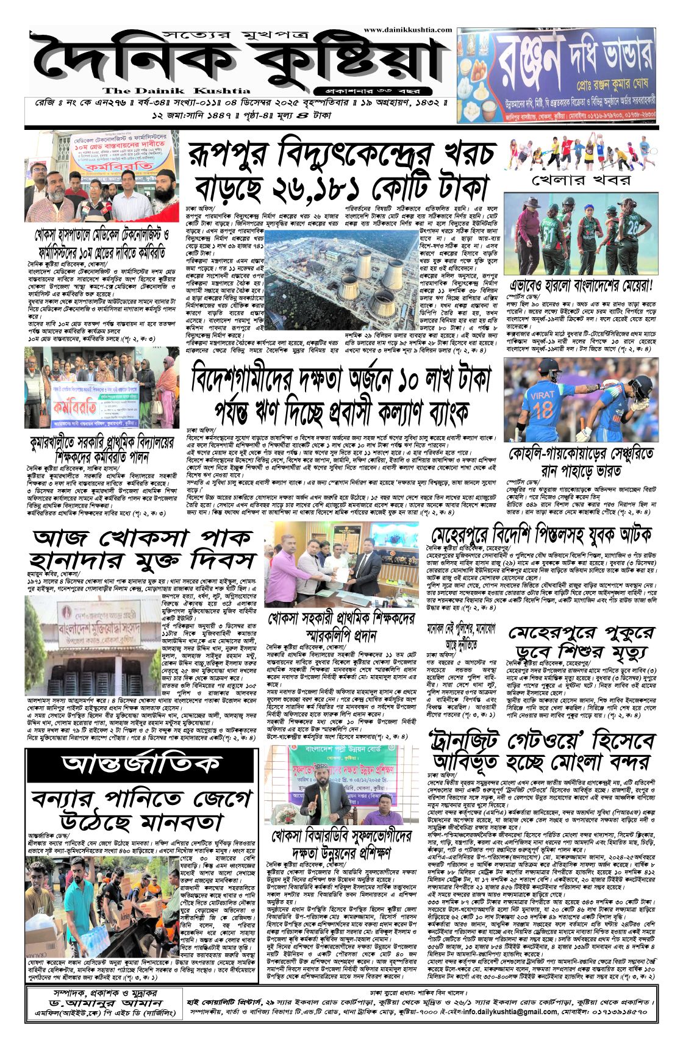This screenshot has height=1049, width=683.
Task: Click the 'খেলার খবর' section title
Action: pos(581,180)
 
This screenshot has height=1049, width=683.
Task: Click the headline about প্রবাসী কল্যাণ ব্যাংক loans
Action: pos(340,395)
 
